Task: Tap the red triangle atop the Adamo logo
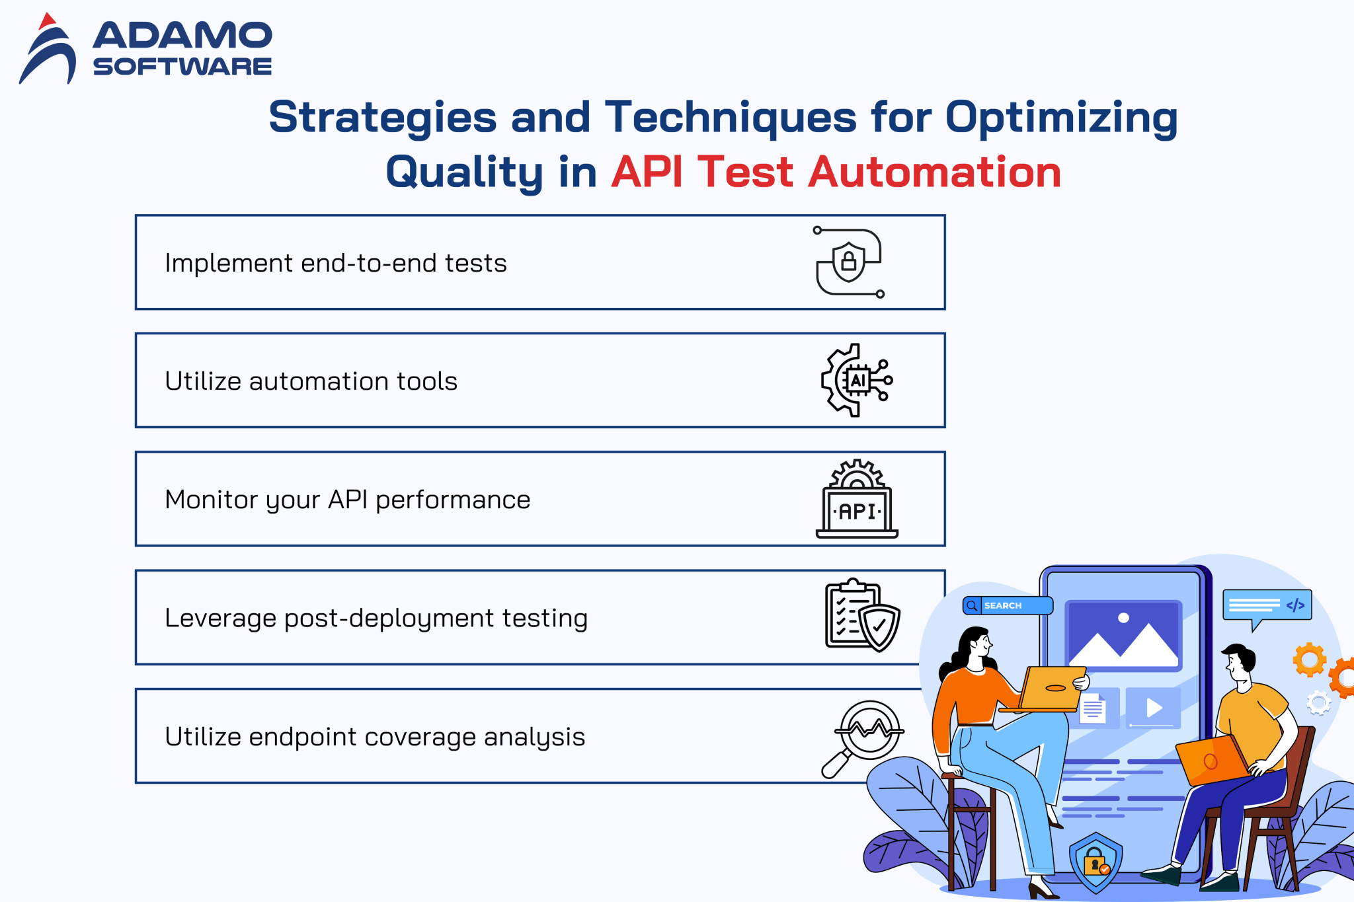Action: [x=46, y=21]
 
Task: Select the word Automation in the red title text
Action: [x=934, y=172]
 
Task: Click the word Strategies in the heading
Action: [x=382, y=118]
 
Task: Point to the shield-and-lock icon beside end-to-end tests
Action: [x=849, y=262]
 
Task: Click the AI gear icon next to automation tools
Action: [x=856, y=380]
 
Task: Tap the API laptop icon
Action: [x=857, y=500]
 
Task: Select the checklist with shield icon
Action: [x=861, y=616]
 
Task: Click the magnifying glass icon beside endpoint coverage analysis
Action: [x=863, y=737]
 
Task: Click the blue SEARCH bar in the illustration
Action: [x=1008, y=605]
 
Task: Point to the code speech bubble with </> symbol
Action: [x=1266, y=605]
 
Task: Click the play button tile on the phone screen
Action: [x=1154, y=708]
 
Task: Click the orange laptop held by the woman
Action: [x=1051, y=688]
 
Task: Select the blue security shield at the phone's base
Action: [x=1095, y=862]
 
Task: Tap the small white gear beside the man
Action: [x=1318, y=702]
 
